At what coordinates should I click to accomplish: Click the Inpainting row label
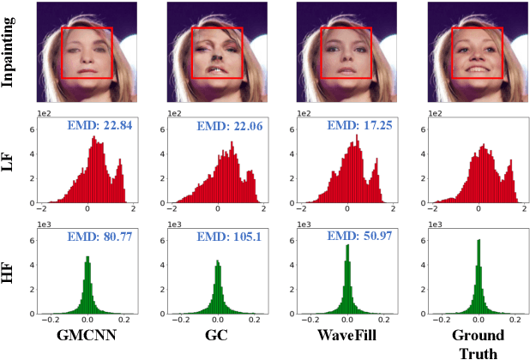12,52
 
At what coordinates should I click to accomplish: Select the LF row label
12,163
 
